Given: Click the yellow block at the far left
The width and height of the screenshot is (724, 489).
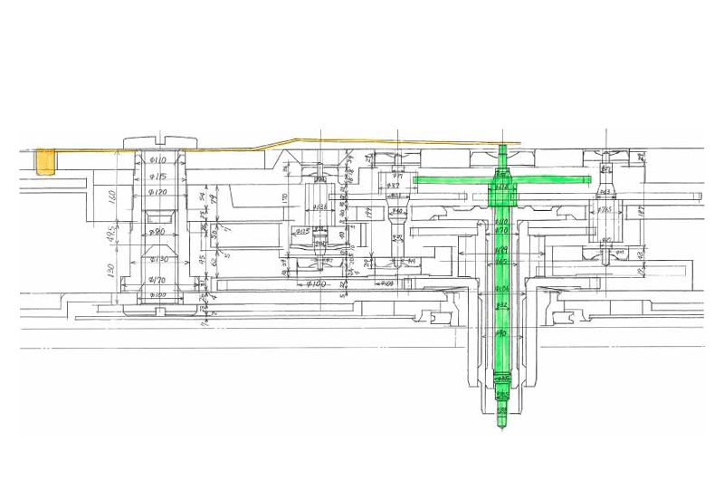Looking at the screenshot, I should (x=43, y=163).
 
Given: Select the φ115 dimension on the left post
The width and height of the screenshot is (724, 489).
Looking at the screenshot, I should (x=158, y=177).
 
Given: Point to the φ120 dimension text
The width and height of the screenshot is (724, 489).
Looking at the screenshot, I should (x=158, y=193).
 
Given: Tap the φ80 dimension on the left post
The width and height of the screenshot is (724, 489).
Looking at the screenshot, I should (x=157, y=233).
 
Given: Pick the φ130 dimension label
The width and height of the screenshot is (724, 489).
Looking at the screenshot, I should (x=158, y=260).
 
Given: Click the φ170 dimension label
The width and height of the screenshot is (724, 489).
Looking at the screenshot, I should (x=158, y=281).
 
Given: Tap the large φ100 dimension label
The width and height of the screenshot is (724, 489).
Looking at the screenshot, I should (x=315, y=284).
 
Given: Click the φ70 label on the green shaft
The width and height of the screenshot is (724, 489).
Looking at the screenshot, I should (x=500, y=232).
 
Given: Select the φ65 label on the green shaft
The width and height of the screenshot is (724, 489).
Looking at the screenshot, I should (x=500, y=262).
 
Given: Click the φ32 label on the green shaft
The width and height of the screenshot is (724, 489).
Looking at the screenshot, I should (x=500, y=306).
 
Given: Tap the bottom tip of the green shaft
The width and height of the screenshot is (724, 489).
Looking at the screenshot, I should (x=501, y=427).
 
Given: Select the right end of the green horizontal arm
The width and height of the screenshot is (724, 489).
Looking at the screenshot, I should (x=585, y=180).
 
